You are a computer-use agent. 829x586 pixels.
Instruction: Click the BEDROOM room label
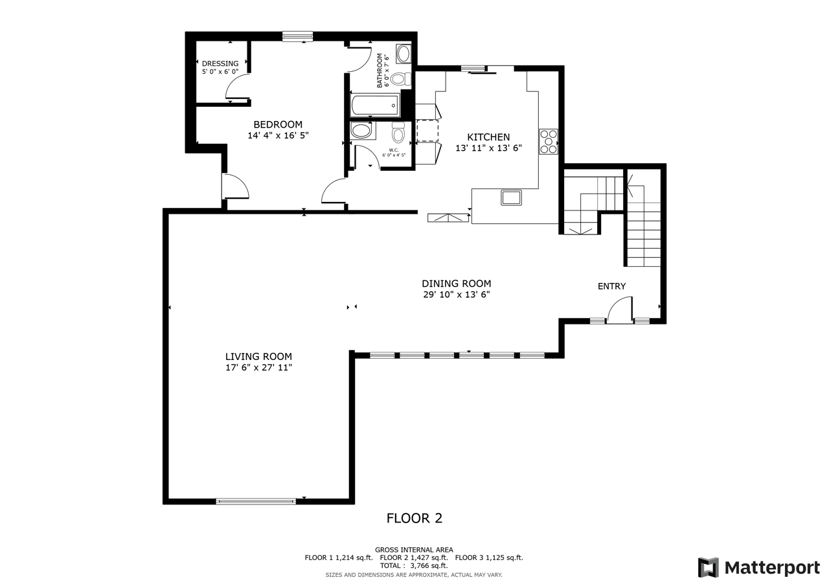pos(278,124)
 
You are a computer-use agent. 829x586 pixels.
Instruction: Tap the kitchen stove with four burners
pos(548,141)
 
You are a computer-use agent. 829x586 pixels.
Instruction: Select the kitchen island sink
pos(511,197)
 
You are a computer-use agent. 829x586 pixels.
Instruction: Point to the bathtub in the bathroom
pos(375,105)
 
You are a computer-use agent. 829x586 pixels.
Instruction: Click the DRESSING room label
pos(220,63)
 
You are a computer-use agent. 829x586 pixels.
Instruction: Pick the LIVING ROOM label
pos(258,357)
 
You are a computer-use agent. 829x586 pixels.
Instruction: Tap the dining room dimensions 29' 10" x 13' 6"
pos(457,295)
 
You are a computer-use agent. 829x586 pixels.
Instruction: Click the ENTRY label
pos(612,286)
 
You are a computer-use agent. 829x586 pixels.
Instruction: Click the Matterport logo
pos(759,567)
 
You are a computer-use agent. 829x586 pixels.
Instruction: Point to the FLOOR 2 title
pos(414,518)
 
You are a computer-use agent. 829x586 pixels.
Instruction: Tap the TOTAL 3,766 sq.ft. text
pos(414,566)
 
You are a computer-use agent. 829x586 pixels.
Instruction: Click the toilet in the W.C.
pos(398,132)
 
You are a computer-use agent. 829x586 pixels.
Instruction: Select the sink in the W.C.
pos(361,131)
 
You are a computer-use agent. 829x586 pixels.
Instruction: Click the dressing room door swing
pos(238,87)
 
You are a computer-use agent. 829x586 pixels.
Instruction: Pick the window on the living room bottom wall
pos(256,501)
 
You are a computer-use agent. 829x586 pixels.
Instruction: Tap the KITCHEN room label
pos(488,137)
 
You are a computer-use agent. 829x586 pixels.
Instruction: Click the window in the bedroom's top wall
pos(297,36)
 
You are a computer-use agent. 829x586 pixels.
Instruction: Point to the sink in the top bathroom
pos(403,54)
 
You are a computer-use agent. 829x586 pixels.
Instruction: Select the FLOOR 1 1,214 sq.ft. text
pos(339,558)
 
